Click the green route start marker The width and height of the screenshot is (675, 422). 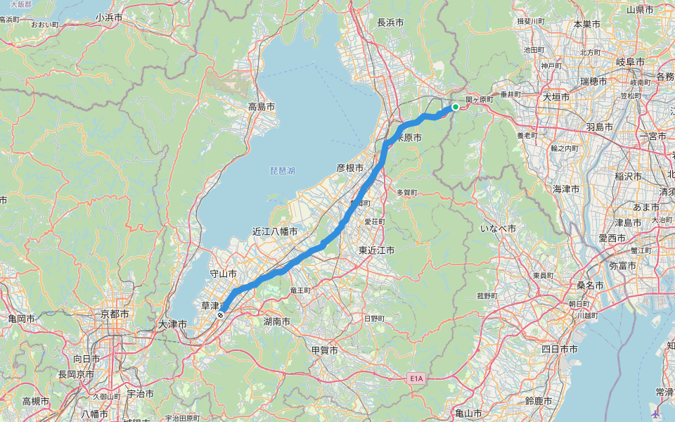[456, 107]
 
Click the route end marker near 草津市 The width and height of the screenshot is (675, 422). [221, 316]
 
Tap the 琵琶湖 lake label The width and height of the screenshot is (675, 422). [282, 171]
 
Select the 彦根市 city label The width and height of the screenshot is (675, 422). [349, 168]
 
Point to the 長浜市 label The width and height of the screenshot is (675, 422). [390, 23]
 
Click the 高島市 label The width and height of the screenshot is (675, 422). [261, 107]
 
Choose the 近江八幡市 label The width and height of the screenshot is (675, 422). [275, 231]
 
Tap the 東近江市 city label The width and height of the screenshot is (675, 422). [376, 250]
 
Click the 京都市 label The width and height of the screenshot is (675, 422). [115, 314]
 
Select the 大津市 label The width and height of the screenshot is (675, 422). [172, 325]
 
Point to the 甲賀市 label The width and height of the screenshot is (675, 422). [324, 350]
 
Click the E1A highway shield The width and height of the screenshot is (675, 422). [418, 378]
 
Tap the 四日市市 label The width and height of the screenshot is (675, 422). [560, 349]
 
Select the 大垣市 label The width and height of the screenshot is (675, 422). [556, 97]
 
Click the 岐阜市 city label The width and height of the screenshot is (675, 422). [630, 62]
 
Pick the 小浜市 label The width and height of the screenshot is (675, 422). [109, 17]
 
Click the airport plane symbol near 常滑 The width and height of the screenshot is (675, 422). [657, 413]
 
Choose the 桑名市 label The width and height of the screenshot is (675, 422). [591, 286]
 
